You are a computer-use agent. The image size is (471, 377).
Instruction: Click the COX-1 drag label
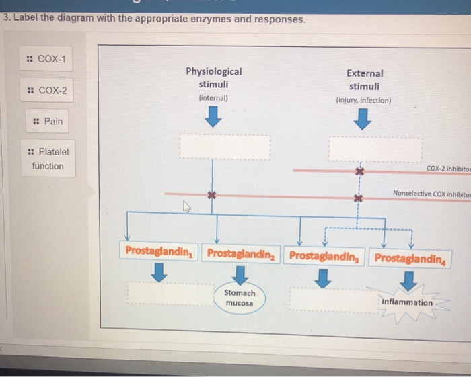(48, 59)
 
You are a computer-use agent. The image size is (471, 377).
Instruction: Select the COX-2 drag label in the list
(48, 91)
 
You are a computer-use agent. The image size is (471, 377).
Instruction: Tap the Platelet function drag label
(48, 159)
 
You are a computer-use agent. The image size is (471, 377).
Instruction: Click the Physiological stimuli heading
(213, 78)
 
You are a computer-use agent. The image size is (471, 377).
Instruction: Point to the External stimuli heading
(364, 80)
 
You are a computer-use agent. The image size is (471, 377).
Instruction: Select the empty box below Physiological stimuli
(224, 145)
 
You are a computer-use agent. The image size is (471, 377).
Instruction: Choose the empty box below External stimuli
(375, 148)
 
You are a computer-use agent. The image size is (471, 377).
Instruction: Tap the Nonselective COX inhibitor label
(431, 194)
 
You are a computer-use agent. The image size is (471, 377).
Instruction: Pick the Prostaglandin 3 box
(326, 256)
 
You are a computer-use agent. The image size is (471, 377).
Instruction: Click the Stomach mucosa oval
(240, 298)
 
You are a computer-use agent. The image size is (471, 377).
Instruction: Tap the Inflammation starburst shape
(406, 302)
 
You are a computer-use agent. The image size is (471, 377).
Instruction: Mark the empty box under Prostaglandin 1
(161, 294)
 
